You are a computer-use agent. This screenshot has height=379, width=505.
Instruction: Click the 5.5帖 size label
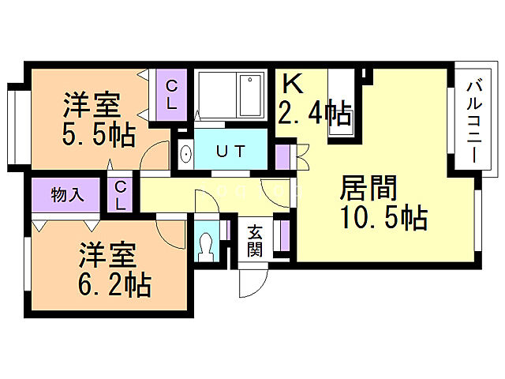[99, 134]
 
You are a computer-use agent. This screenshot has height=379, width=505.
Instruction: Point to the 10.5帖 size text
[384, 216]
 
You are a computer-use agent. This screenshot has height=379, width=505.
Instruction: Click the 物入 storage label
[67, 195]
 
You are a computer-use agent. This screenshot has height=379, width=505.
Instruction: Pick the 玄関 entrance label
[255, 242]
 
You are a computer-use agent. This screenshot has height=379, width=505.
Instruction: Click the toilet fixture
[208, 247]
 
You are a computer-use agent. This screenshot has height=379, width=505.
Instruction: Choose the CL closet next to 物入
[121, 194]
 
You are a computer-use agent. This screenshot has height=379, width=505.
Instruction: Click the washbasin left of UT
[185, 153]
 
